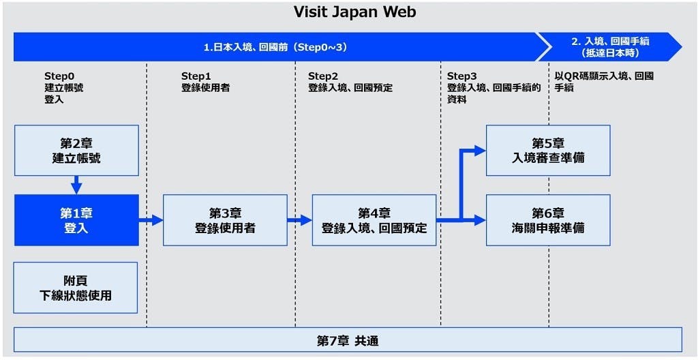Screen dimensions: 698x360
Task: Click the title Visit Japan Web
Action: click(x=354, y=12)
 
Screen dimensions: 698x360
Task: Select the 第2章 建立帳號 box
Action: click(x=76, y=150)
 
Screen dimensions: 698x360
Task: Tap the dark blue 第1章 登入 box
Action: click(x=76, y=220)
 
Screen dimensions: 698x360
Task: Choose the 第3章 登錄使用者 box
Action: click(x=225, y=220)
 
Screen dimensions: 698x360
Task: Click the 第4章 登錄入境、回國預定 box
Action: click(x=374, y=220)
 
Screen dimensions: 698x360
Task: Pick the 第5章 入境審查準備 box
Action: click(x=548, y=150)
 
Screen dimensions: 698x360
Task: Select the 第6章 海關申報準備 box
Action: click(x=548, y=220)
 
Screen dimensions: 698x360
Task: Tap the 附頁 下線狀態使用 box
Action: click(x=76, y=288)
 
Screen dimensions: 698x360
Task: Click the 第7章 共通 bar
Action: click(x=348, y=342)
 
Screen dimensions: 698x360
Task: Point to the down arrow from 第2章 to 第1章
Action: click(x=76, y=185)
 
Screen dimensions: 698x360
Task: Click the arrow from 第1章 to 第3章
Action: click(x=151, y=220)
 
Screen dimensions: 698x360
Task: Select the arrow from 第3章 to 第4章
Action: click(x=300, y=220)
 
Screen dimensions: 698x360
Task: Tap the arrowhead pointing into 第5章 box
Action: click(x=480, y=151)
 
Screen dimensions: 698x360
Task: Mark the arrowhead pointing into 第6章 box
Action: click(x=480, y=220)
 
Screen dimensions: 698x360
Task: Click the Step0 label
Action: click(x=57, y=76)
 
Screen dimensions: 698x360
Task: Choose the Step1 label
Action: click(x=194, y=76)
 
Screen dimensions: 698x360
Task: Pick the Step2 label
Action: click(x=320, y=76)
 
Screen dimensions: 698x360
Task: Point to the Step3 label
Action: click(x=460, y=76)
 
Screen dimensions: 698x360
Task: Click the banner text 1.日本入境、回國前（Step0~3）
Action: click(x=275, y=47)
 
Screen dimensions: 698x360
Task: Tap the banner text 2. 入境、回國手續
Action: click(x=610, y=42)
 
